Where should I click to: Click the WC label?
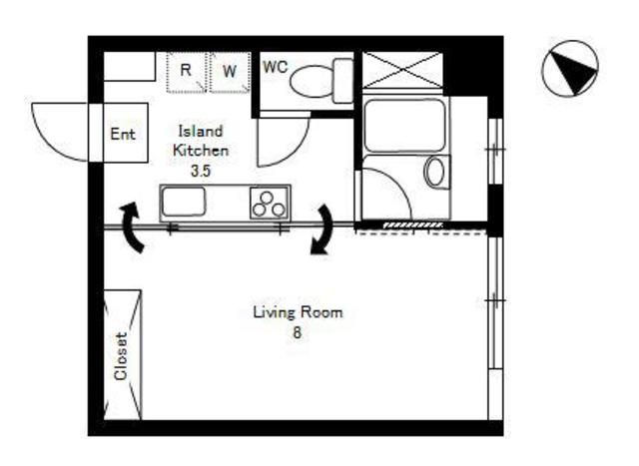point(276,67)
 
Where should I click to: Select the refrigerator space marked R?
point(187,72)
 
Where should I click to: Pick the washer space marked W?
point(230,72)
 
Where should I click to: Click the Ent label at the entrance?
point(122,134)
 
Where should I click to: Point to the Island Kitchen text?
point(201,141)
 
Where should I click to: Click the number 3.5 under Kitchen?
point(201,171)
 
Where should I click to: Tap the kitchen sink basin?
point(184,202)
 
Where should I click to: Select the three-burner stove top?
point(269,204)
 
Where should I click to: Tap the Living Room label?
point(298,312)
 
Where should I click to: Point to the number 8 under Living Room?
point(298,333)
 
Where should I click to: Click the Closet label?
point(121,356)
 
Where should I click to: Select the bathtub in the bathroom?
point(404,126)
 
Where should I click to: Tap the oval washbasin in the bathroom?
point(435,172)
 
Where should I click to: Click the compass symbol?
point(570,68)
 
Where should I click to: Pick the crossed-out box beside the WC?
point(401,70)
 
